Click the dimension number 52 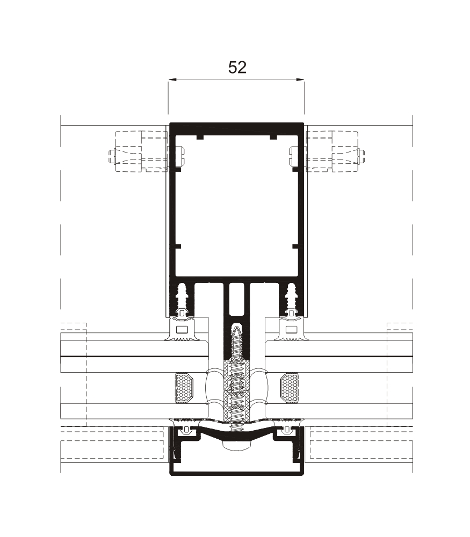pyautogui.click(x=237, y=67)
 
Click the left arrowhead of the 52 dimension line pyautogui.click(x=171, y=81)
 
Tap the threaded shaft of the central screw pyautogui.click(x=237, y=376)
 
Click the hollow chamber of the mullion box pyautogui.click(x=236, y=209)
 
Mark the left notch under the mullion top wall pyautogui.click(x=200, y=137)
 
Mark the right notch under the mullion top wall pyautogui.click(x=273, y=137)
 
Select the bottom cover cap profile pyautogui.click(x=237, y=471)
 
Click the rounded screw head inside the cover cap pyautogui.click(x=237, y=444)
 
